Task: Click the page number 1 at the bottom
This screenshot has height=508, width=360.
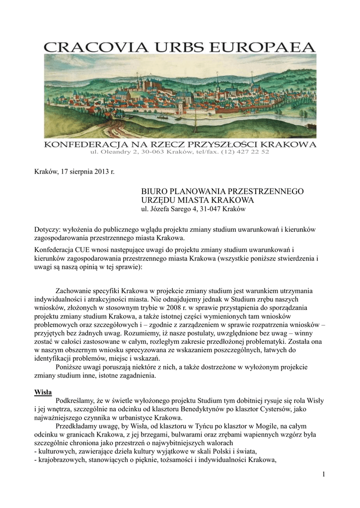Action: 323,475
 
